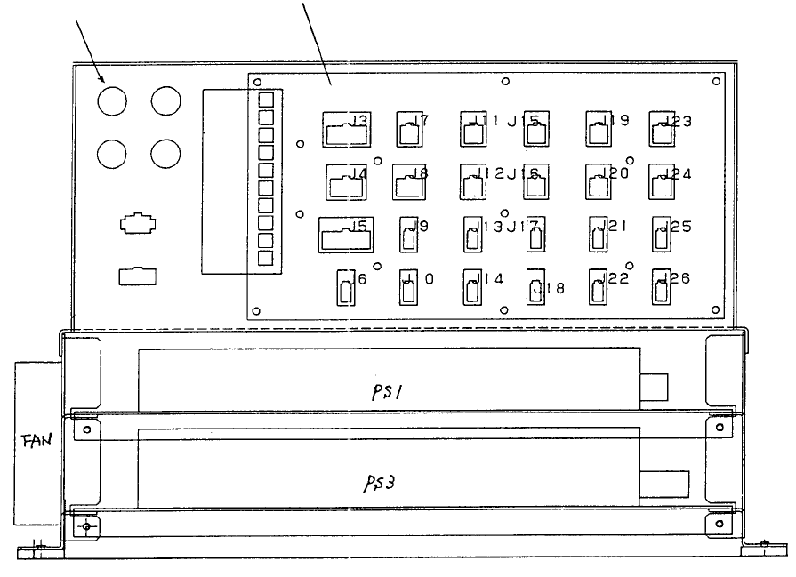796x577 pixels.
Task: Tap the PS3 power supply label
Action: point(385,483)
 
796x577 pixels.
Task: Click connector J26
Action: point(662,286)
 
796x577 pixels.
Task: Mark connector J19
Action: point(598,131)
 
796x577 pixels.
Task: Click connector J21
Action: point(599,236)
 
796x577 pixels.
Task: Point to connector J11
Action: point(473,131)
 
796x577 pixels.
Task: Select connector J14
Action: point(473,287)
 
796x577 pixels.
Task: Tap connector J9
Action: point(409,236)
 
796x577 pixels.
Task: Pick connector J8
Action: point(408,183)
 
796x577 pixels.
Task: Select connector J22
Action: point(599,287)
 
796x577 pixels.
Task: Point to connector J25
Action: point(662,236)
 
